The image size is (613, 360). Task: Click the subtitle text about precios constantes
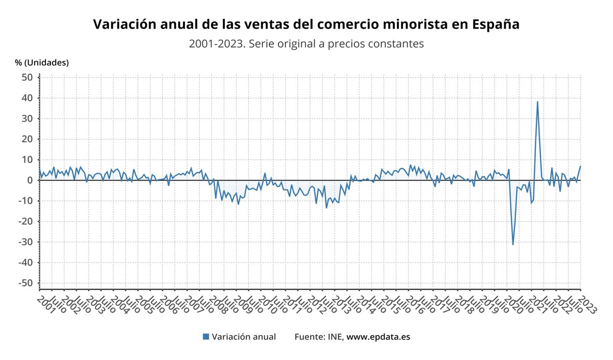306,44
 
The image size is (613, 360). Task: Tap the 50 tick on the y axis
27,77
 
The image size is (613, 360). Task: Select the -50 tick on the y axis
25,283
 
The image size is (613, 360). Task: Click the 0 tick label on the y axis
30,180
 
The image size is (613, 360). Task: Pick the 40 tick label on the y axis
27,98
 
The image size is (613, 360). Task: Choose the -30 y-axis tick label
25,242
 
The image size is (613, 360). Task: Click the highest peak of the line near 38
537,102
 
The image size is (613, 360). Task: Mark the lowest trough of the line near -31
513,245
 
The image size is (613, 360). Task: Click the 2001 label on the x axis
45,297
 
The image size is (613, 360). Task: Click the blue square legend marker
206,337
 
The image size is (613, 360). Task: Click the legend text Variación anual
244,337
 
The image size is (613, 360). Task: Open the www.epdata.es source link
378,337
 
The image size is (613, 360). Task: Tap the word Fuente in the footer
310,337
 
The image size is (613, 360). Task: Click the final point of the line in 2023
580,166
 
